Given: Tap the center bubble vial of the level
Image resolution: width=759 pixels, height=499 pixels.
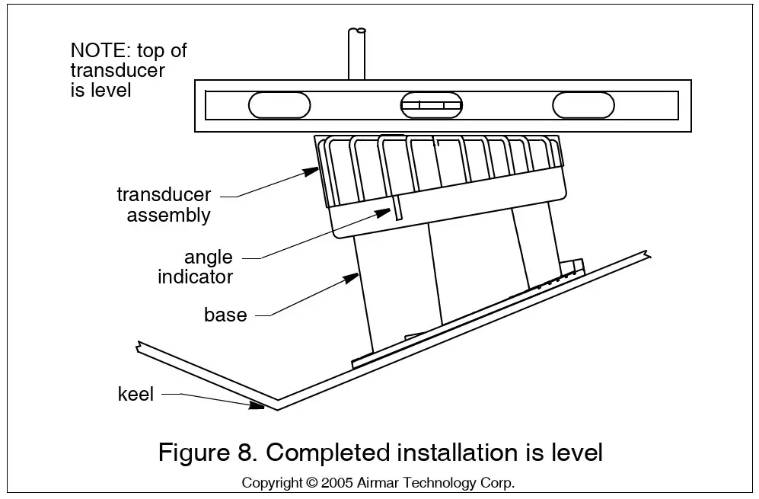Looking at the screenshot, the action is tap(432, 104).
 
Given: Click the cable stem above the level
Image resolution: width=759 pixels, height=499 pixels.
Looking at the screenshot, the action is tap(357, 54).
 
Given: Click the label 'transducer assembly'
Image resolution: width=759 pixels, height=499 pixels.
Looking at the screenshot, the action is tap(164, 204).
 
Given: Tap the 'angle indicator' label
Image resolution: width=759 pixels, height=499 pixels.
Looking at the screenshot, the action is tap(196, 267).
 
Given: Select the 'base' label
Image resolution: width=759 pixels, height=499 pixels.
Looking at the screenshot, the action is tap(225, 315).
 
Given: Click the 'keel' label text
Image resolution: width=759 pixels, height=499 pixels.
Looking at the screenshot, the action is tap(136, 394).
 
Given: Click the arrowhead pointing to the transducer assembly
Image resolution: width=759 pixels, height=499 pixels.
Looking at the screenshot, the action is tap(311, 171).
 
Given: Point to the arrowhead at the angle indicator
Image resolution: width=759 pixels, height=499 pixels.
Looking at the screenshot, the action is tap(384, 213).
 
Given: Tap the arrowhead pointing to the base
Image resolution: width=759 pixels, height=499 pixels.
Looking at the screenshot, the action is tap(352, 279).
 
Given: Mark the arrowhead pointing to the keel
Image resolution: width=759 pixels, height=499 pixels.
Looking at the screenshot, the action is tap(257, 405).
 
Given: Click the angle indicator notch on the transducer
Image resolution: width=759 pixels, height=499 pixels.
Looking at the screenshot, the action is tap(398, 208).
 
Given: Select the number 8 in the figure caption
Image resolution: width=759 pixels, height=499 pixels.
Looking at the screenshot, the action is tap(244, 453).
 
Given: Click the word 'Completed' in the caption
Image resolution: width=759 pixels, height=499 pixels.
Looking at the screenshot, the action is tap(327, 453).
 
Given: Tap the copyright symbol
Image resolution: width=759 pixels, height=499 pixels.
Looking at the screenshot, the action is tap(311, 483).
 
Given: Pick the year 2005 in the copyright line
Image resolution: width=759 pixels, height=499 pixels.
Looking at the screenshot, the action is tap(336, 483).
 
